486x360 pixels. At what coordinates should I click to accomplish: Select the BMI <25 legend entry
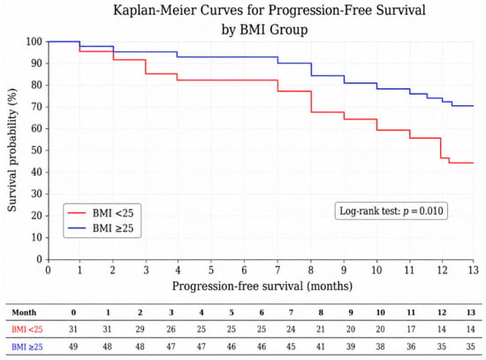tap(101, 213)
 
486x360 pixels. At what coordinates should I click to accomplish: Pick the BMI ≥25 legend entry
tap(101, 228)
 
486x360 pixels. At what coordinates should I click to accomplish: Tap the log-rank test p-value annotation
tap(391, 211)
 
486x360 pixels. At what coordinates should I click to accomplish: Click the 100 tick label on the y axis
tap(34, 42)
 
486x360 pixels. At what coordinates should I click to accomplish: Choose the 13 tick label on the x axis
tap(474, 270)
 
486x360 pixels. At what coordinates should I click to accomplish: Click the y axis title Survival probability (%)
tap(11, 150)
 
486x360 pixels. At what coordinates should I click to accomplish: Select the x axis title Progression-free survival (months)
tap(262, 286)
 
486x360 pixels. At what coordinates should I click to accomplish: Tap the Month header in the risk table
tap(24, 312)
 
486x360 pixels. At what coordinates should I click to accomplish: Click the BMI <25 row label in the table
tap(27, 329)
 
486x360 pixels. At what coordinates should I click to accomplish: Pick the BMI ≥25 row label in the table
tap(27, 347)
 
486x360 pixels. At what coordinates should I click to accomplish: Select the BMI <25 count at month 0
tap(73, 329)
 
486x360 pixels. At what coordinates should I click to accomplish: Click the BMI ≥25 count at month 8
tap(321, 347)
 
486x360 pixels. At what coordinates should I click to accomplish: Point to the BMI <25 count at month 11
tap(411, 329)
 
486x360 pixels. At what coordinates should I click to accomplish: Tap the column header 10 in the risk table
tap(380, 312)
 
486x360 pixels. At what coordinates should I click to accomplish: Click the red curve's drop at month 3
tap(146, 66)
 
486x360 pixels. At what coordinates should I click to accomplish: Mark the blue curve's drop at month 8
tap(311, 69)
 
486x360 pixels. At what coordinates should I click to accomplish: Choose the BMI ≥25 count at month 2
tap(140, 347)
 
